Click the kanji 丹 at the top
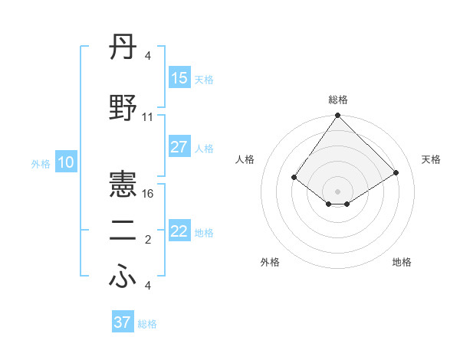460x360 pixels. [x=123, y=51]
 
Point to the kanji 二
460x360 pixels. [x=123, y=234]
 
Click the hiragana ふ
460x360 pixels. [x=123, y=278]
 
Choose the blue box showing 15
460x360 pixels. [x=179, y=78]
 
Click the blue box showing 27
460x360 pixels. [x=179, y=147]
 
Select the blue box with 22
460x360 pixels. [x=179, y=231]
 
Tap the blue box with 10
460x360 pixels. [x=65, y=162]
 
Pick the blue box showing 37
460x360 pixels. [x=123, y=322]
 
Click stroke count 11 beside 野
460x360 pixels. [x=148, y=117]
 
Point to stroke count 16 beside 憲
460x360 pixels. [x=148, y=195]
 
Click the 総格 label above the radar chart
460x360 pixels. [x=338, y=100]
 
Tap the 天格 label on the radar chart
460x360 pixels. [x=432, y=159]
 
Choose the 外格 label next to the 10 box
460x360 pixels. [x=41, y=163]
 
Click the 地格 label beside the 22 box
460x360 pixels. [x=204, y=232]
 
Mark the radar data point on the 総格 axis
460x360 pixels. [x=338, y=116]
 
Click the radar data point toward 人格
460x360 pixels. [x=294, y=177]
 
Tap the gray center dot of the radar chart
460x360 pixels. [x=338, y=191]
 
